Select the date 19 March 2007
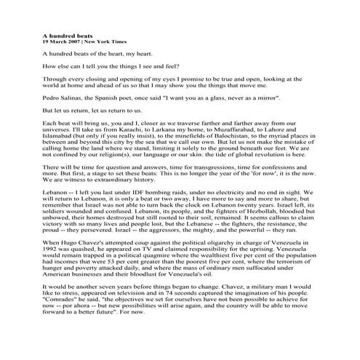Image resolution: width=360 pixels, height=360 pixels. coord(60,41)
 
